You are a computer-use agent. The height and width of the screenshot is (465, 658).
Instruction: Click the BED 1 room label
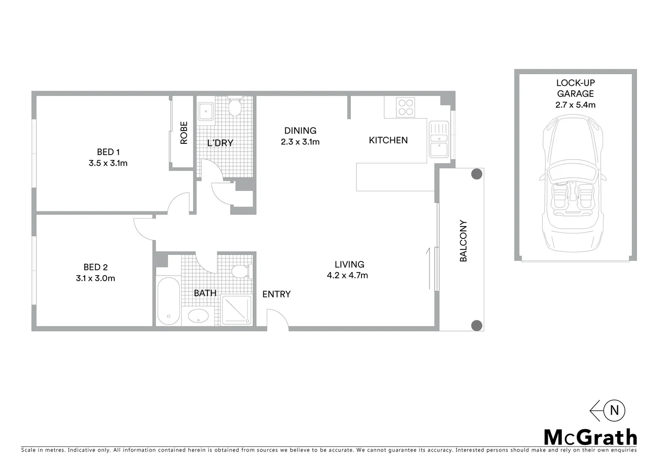click(108, 152)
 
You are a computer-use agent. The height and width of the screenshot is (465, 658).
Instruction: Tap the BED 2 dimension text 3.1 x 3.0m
click(95, 278)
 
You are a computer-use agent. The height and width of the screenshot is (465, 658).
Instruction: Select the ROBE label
click(184, 133)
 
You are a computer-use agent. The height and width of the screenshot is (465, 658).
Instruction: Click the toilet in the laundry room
click(235, 108)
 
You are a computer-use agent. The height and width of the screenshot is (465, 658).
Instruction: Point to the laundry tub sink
click(205, 111)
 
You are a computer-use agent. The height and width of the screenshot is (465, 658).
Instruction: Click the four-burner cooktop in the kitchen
click(405, 107)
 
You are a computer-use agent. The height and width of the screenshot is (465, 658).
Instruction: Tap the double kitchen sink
click(439, 139)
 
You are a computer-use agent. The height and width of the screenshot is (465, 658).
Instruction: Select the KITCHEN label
click(388, 140)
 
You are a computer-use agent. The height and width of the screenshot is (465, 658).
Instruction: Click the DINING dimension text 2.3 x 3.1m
click(300, 142)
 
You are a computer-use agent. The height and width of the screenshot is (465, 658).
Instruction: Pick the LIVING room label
click(349, 264)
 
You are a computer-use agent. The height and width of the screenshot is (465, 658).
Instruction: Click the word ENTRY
click(276, 294)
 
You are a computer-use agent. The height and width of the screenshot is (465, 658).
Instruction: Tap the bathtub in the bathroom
click(168, 301)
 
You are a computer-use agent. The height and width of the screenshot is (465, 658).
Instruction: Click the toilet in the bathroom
click(240, 272)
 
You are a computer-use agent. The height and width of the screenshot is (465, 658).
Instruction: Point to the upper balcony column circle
click(476, 174)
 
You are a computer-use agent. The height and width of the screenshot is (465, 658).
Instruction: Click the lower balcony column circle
click(476, 325)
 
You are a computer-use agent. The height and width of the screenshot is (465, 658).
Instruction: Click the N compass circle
click(614, 410)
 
